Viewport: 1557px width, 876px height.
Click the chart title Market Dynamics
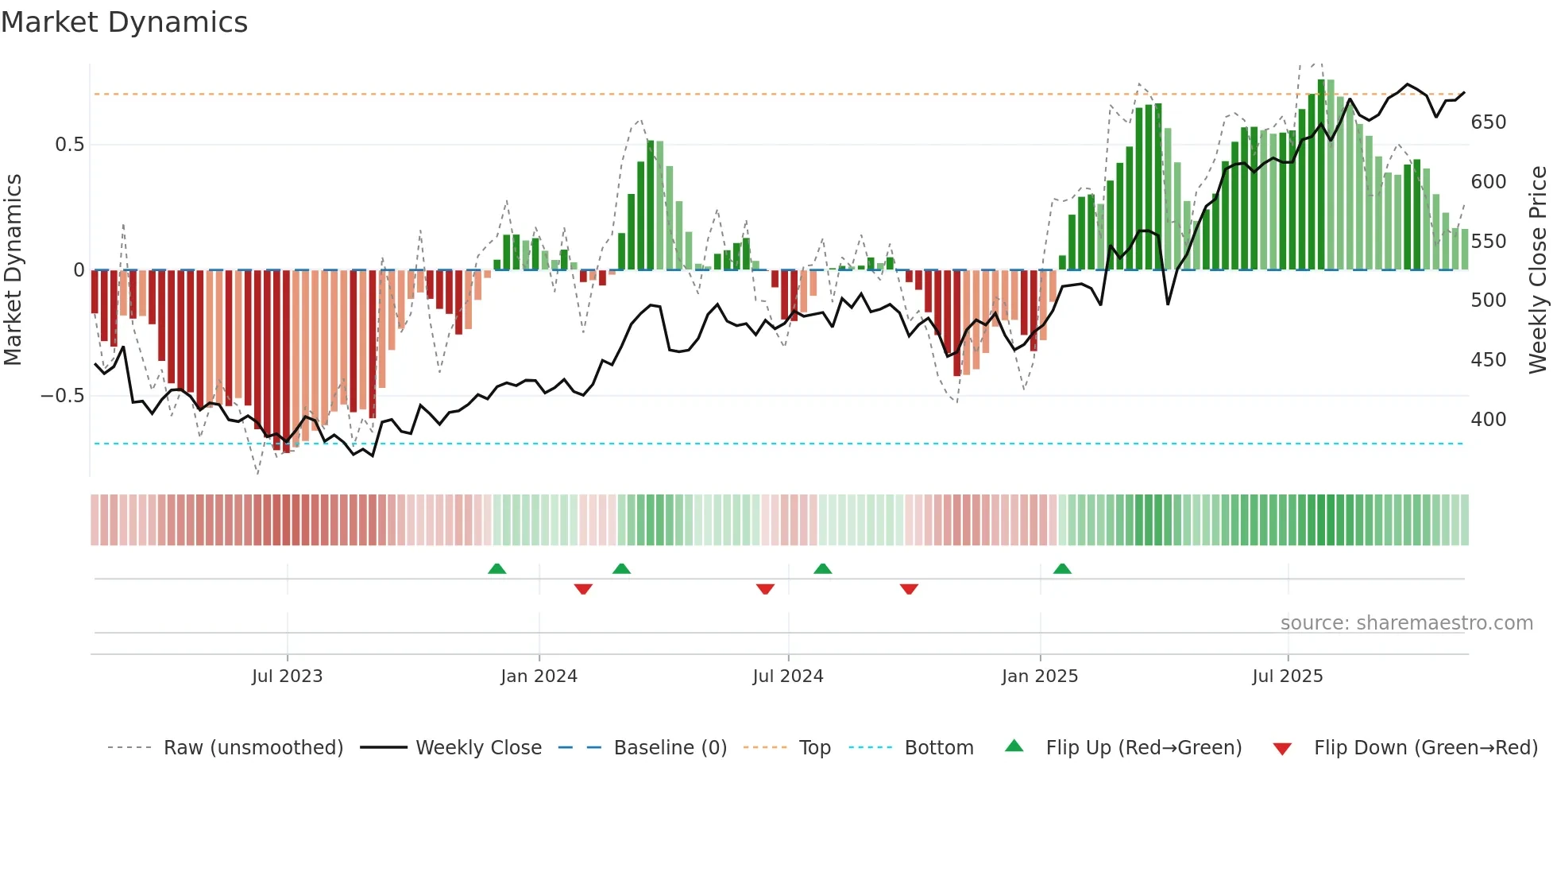click(x=125, y=22)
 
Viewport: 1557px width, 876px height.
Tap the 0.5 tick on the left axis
click(x=69, y=145)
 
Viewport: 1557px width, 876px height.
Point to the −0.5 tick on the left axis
click(x=63, y=396)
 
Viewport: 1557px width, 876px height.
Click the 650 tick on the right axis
click(x=1488, y=122)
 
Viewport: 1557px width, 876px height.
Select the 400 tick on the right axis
click(x=1488, y=420)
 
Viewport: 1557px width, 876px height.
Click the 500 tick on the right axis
click(x=1488, y=300)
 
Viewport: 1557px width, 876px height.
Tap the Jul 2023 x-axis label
click(x=287, y=676)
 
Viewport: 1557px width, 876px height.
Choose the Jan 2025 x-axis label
click(x=1039, y=676)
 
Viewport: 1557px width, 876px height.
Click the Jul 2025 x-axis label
click(x=1287, y=676)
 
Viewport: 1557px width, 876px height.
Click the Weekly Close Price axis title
click(x=1538, y=270)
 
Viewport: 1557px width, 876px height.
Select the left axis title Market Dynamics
click(x=13, y=270)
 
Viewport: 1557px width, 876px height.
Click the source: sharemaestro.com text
click(x=1406, y=623)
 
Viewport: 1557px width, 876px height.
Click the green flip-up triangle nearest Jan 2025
click(x=1062, y=568)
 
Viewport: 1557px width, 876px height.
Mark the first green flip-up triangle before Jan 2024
click(x=496, y=568)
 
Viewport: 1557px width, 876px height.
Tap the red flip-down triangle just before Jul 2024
click(x=765, y=589)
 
